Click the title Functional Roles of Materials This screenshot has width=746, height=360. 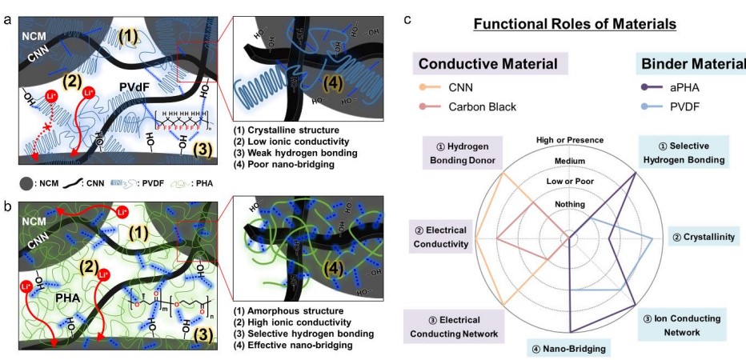(575, 24)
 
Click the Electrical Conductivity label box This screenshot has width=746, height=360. (441, 238)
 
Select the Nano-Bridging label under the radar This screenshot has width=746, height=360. (568, 348)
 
